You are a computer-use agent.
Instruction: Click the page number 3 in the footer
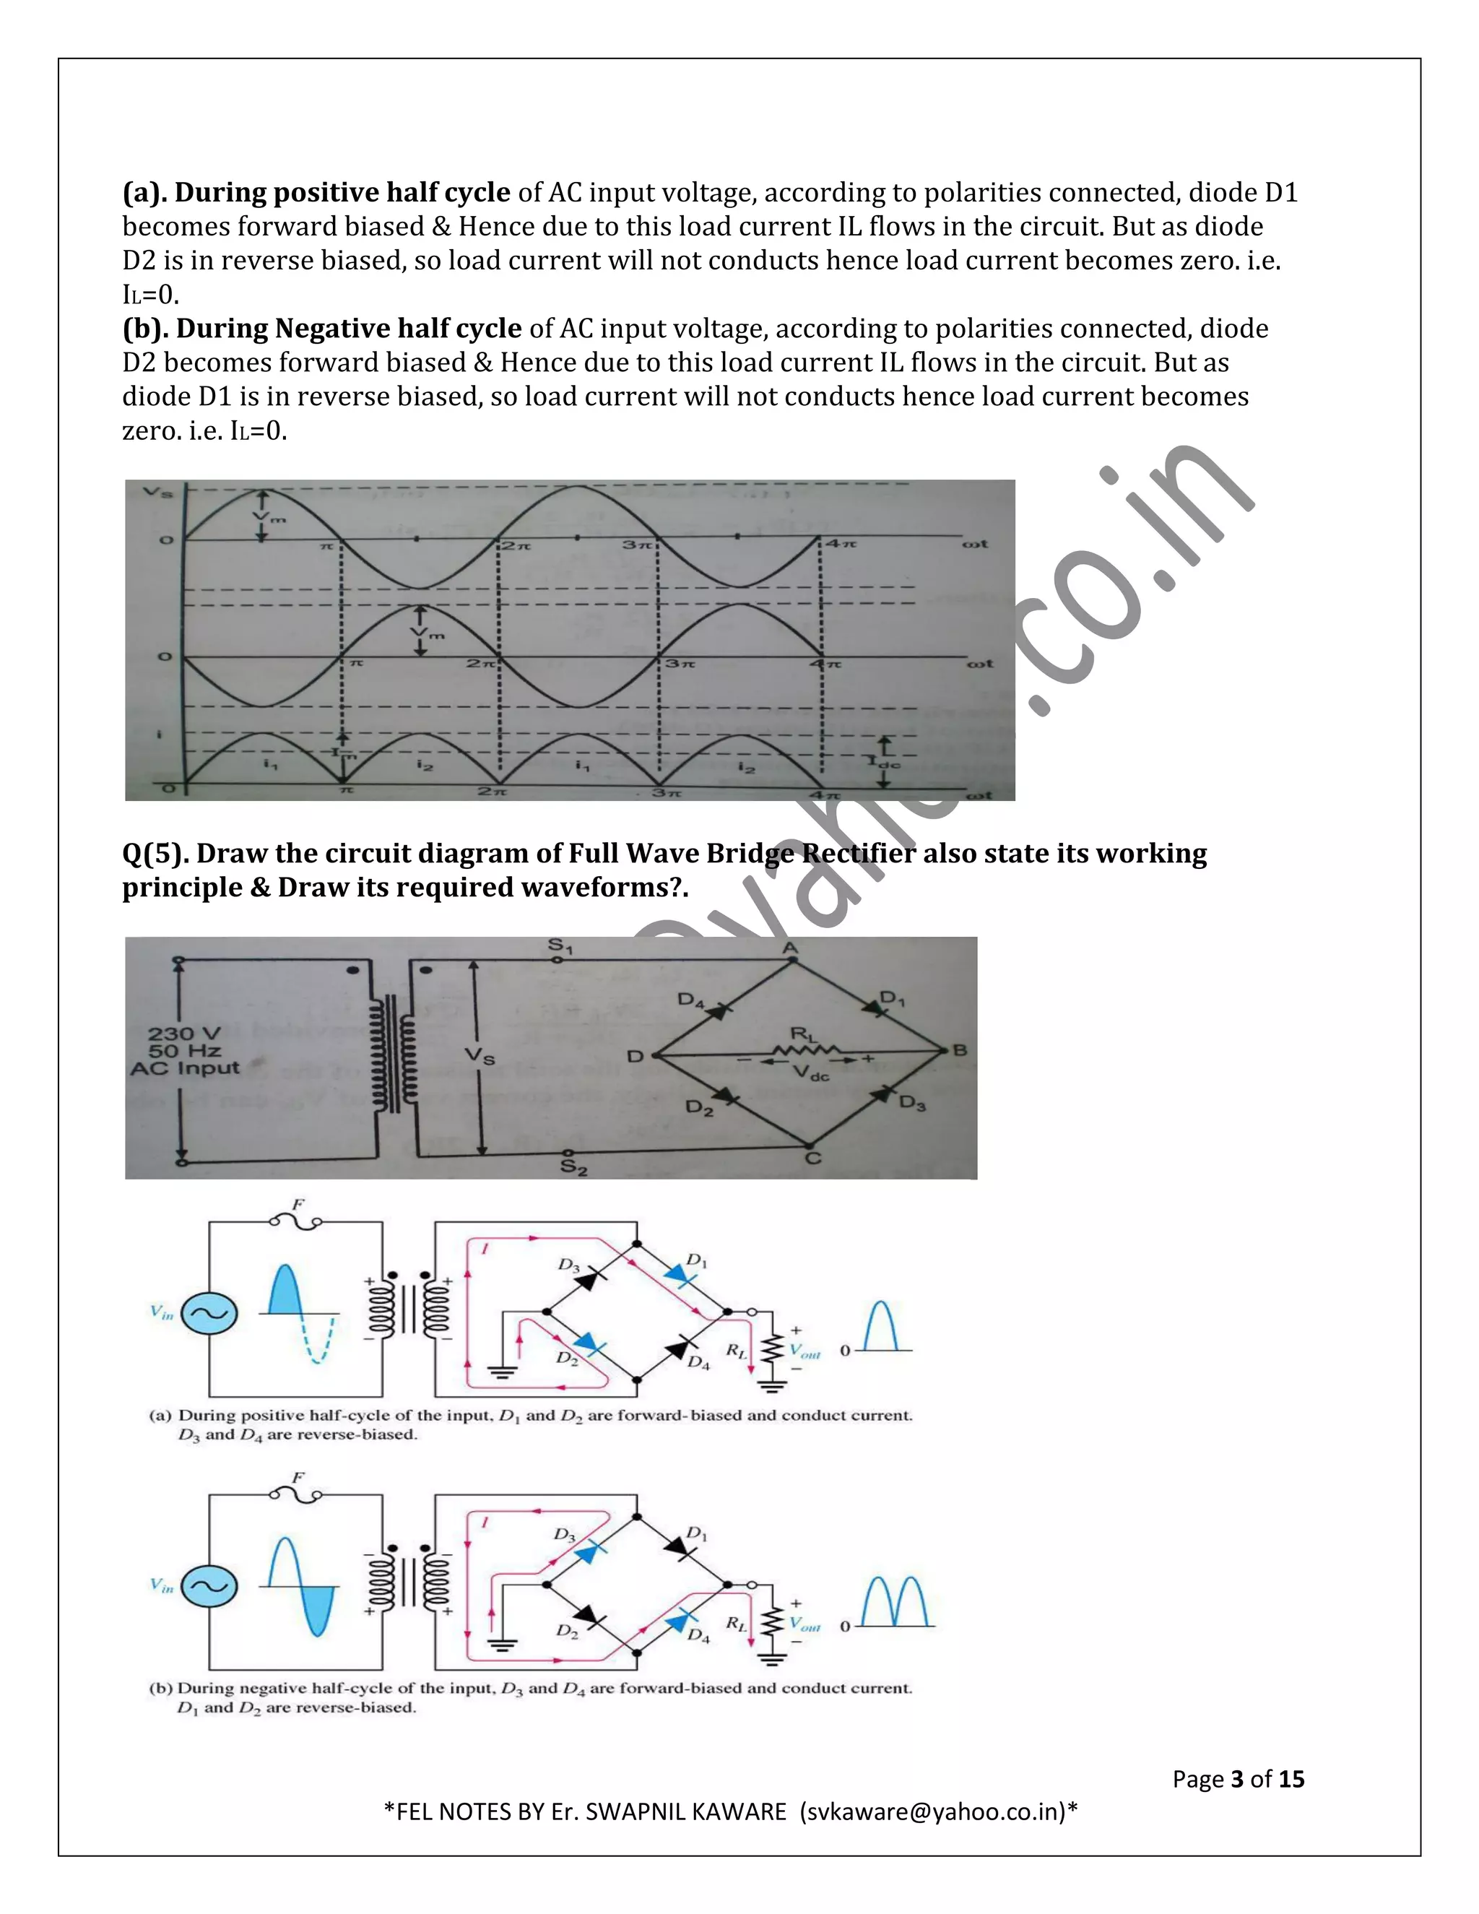(1237, 1779)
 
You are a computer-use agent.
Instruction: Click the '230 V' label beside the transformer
(184, 1034)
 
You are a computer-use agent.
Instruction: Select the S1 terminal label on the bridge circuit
(559, 946)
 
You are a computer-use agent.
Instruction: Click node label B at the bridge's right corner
(960, 1050)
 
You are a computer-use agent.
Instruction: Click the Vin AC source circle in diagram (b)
(209, 1587)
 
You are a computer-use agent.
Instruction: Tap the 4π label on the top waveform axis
(841, 545)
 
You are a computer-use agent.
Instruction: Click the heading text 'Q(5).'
(155, 854)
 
